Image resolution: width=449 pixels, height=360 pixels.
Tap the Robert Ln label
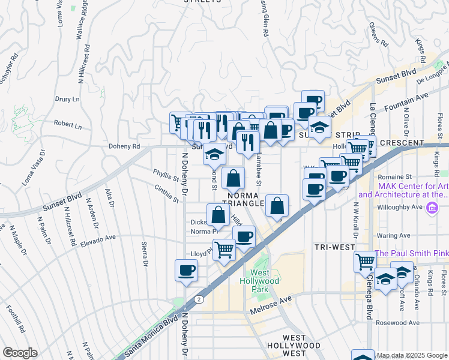(x=67, y=126)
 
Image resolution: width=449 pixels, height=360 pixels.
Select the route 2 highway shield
(x=199, y=298)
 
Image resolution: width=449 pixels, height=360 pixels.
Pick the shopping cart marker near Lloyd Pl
(x=224, y=249)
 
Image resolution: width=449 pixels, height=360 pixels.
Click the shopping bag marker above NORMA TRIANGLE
(x=233, y=178)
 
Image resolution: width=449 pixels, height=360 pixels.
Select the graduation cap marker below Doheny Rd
(x=214, y=154)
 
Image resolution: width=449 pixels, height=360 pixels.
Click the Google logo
(x=20, y=353)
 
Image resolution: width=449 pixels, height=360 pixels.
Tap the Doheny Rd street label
(x=124, y=146)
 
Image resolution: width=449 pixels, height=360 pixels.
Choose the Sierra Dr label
(x=145, y=254)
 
